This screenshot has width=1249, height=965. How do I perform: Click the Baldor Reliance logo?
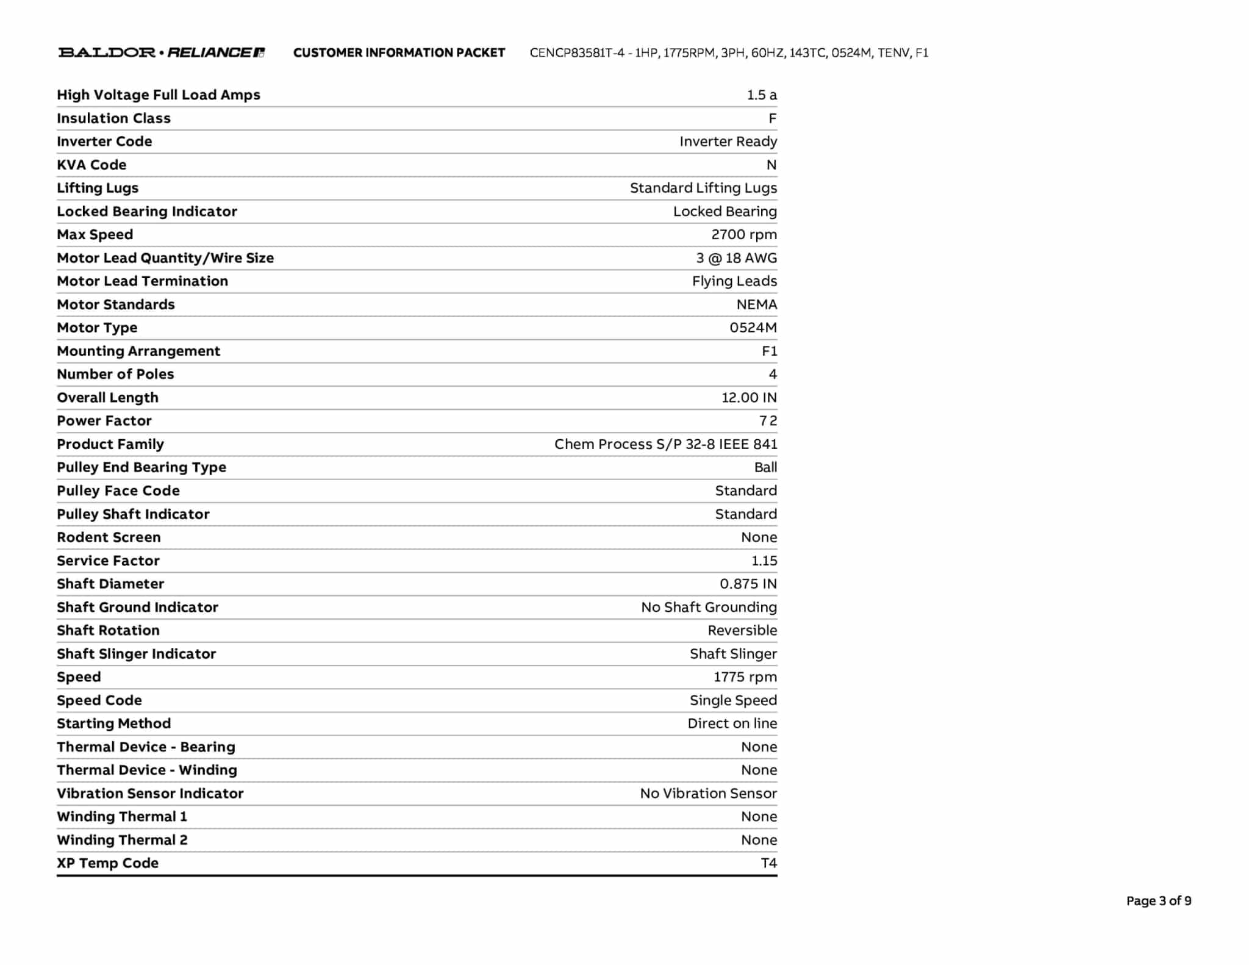tap(161, 52)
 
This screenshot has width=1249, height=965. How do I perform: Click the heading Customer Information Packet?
tap(399, 53)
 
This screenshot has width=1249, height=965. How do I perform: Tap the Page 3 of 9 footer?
tap(1158, 901)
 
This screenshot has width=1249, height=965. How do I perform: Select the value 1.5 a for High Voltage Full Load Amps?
tap(762, 95)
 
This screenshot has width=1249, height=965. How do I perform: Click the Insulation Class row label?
tap(113, 118)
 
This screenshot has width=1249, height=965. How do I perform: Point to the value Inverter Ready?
tap(728, 142)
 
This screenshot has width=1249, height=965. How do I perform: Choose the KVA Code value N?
tap(771, 165)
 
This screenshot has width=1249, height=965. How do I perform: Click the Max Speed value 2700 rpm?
tap(744, 235)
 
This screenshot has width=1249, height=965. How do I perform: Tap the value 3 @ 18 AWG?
tap(737, 258)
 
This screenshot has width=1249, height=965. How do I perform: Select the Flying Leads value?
tap(734, 281)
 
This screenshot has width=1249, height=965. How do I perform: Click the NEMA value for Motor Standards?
tap(757, 304)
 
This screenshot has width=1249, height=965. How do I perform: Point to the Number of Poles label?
tap(115, 374)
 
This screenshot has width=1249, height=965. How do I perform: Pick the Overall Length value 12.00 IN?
tap(749, 398)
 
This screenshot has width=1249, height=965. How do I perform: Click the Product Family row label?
tap(110, 444)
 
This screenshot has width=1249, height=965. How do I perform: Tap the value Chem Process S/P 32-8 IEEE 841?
tap(665, 444)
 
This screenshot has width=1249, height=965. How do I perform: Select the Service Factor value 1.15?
tap(764, 561)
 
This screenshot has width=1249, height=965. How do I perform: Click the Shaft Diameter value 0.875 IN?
tap(748, 584)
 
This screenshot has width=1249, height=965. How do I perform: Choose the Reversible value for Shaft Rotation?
tap(742, 630)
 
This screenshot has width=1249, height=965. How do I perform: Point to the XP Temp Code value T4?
tap(769, 863)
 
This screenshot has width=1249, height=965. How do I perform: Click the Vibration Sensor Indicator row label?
tap(150, 793)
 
